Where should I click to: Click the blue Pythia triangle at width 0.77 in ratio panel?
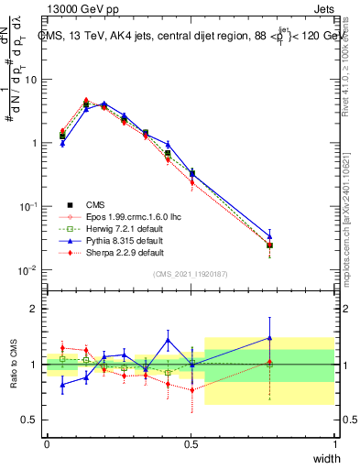(269, 338)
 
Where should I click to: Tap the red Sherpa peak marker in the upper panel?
(86, 101)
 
